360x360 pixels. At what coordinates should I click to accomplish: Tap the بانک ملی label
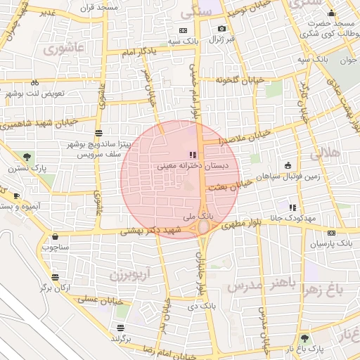click(197, 216)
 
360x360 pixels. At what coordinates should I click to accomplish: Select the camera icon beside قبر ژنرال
click(222, 29)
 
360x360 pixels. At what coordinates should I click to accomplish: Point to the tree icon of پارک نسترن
click(27, 156)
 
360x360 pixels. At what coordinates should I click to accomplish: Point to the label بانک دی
click(202, 307)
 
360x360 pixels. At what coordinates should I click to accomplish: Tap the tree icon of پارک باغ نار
click(304, 338)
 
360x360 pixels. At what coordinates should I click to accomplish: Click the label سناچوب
click(54, 247)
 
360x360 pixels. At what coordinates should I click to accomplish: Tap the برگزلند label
click(121, 338)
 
